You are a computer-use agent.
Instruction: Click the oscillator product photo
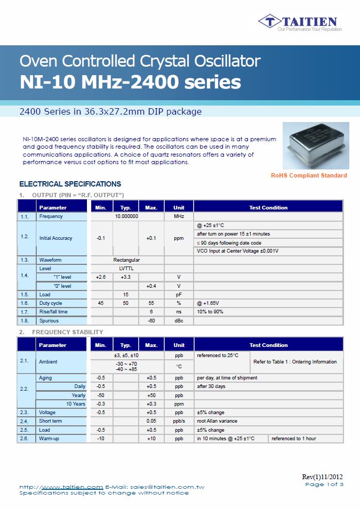point(316,146)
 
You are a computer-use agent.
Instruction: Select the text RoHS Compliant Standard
point(309,175)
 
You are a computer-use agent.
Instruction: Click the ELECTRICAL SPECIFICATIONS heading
point(70,184)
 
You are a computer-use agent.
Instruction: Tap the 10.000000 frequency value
point(127,216)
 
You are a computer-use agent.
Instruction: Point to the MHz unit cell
point(179,216)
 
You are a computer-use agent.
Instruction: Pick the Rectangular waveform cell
point(126,260)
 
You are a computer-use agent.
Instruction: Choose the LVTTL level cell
point(126,269)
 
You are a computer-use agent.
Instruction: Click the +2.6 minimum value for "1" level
point(101,277)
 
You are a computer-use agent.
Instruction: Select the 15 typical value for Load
point(126,294)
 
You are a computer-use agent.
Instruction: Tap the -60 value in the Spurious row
point(151,321)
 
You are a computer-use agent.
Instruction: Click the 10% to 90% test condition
point(210,312)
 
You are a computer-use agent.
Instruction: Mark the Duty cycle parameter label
point(51,303)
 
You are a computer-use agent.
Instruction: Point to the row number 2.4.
point(25,421)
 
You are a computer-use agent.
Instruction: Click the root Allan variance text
point(217,421)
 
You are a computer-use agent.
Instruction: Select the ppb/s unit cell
point(179,421)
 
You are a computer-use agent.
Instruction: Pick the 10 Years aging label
point(76,403)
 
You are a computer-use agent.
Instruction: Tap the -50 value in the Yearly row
point(101,395)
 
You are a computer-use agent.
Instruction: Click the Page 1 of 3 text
point(324,484)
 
